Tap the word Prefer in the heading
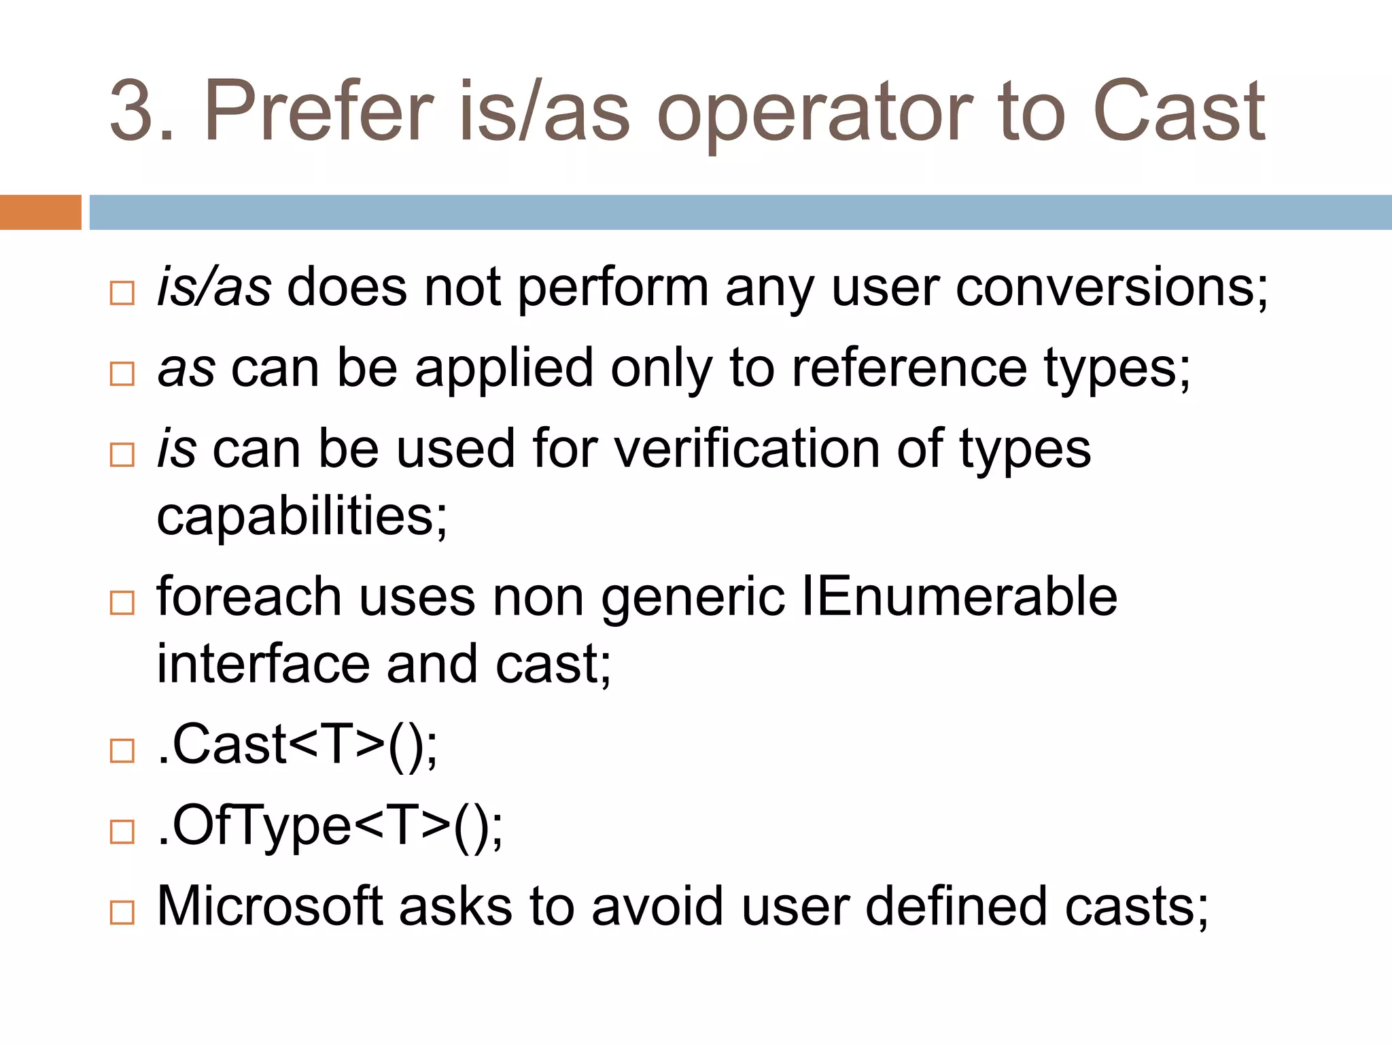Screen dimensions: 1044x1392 point(318,112)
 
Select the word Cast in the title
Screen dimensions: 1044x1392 point(1179,112)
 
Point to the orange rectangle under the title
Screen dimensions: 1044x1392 point(40,212)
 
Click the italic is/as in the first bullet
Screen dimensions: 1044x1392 point(214,288)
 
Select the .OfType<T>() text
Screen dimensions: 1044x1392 point(330,826)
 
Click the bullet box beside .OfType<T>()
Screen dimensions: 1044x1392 point(122,831)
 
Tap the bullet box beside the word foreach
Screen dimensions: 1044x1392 point(122,602)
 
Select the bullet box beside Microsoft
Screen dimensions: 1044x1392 point(122,912)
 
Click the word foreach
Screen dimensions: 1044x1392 point(248,597)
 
